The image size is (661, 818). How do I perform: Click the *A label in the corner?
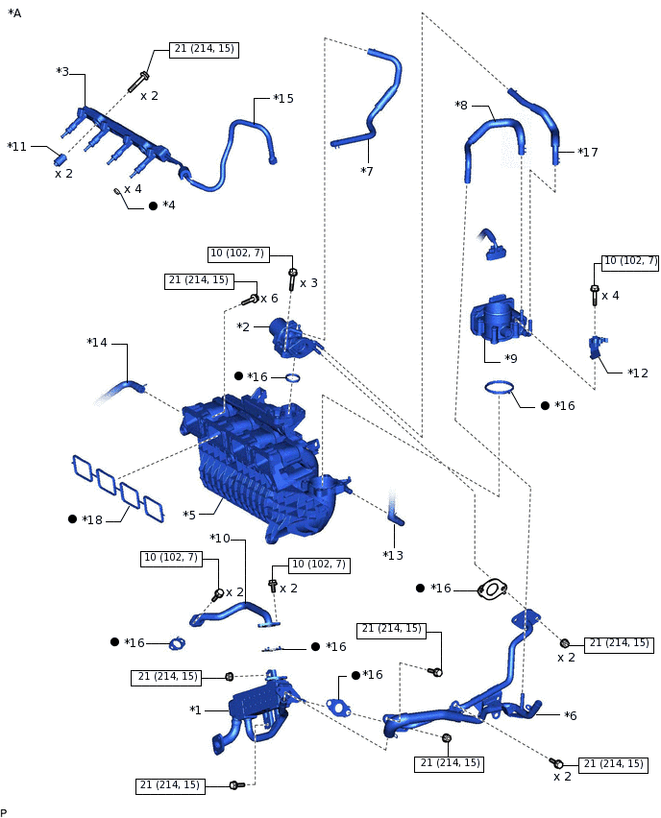coord(14,13)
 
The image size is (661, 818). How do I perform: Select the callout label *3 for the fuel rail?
coord(62,72)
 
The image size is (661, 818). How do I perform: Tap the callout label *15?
coord(283,99)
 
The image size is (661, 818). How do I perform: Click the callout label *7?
coord(367,171)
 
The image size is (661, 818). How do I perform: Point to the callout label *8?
coord(461,105)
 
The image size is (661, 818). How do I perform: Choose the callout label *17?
coord(588,152)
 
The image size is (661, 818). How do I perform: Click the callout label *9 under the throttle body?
coord(511,359)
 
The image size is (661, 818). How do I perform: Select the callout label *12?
coord(638,373)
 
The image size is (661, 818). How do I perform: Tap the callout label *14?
coord(97,343)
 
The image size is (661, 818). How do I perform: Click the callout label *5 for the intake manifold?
coord(189,515)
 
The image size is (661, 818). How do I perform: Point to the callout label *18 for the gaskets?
coord(92,519)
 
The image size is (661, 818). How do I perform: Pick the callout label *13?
coord(393,555)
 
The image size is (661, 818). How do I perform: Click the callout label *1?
coord(196,710)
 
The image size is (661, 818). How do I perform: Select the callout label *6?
coord(571,715)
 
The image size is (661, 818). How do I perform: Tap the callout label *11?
coord(17,147)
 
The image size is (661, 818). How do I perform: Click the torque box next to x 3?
coord(238,253)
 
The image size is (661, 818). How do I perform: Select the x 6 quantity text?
coord(269,299)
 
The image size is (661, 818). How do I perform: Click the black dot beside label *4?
coord(153,205)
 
